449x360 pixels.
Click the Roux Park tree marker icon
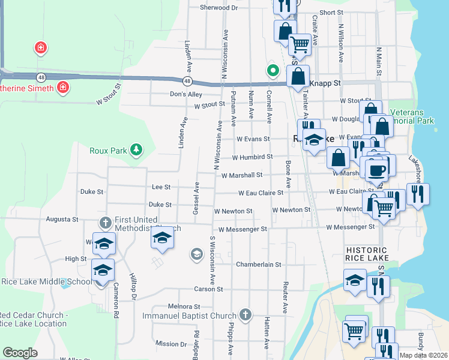(137, 150)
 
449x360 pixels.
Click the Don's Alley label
(186, 94)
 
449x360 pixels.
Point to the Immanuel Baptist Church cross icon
(244, 315)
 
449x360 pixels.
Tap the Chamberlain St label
(258, 264)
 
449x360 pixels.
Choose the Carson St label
(208, 289)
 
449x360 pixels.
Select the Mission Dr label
(170, 344)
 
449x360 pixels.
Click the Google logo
(20, 352)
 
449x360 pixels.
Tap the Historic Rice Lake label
(367, 253)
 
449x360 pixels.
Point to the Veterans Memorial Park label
(412, 116)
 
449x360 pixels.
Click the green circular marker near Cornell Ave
(273, 71)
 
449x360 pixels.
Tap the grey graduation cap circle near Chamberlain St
(196, 254)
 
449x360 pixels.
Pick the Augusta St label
(62, 220)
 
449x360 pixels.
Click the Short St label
(331, 12)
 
